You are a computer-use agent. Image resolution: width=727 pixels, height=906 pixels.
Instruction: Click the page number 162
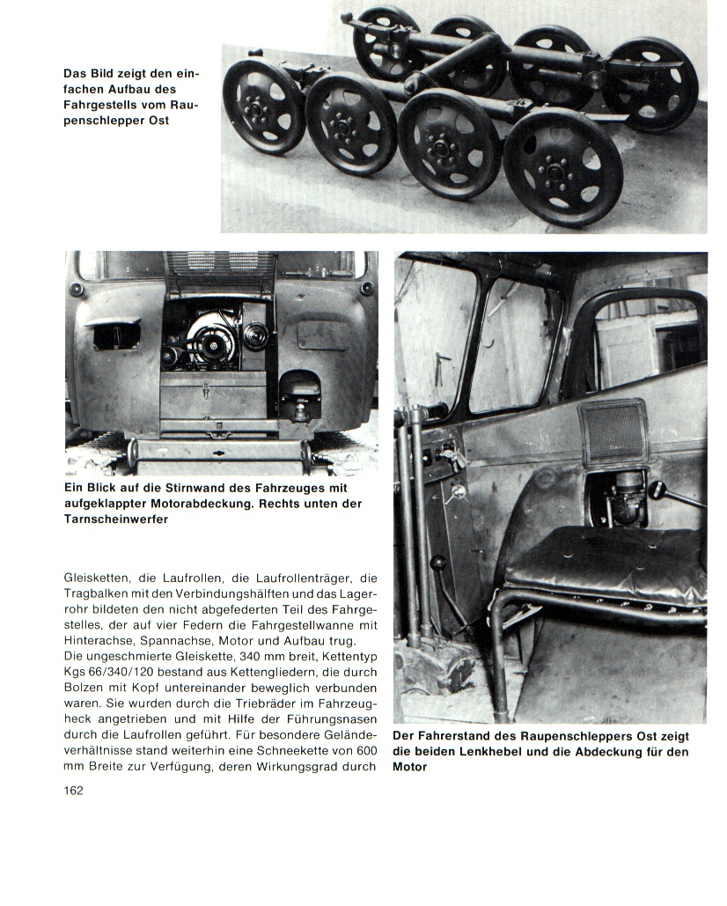click(73, 790)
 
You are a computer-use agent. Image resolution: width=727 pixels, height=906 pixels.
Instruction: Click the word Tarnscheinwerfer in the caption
click(117, 519)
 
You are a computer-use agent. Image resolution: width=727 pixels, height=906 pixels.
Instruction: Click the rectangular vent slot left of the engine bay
click(113, 335)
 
